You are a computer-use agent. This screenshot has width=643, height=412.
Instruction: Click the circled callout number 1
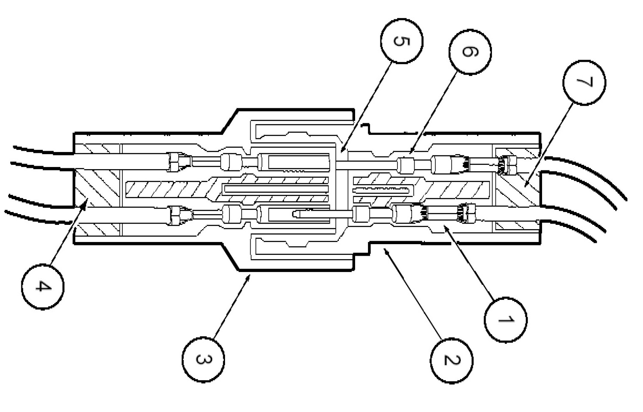coord(505,319)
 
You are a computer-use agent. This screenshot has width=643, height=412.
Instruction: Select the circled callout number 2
coord(452,360)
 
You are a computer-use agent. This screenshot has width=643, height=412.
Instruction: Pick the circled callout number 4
coord(42,286)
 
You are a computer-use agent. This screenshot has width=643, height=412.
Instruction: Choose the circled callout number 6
coord(470,51)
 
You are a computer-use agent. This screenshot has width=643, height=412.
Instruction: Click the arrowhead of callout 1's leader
coord(444,226)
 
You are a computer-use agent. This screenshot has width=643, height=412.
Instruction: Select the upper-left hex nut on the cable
coord(175,161)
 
